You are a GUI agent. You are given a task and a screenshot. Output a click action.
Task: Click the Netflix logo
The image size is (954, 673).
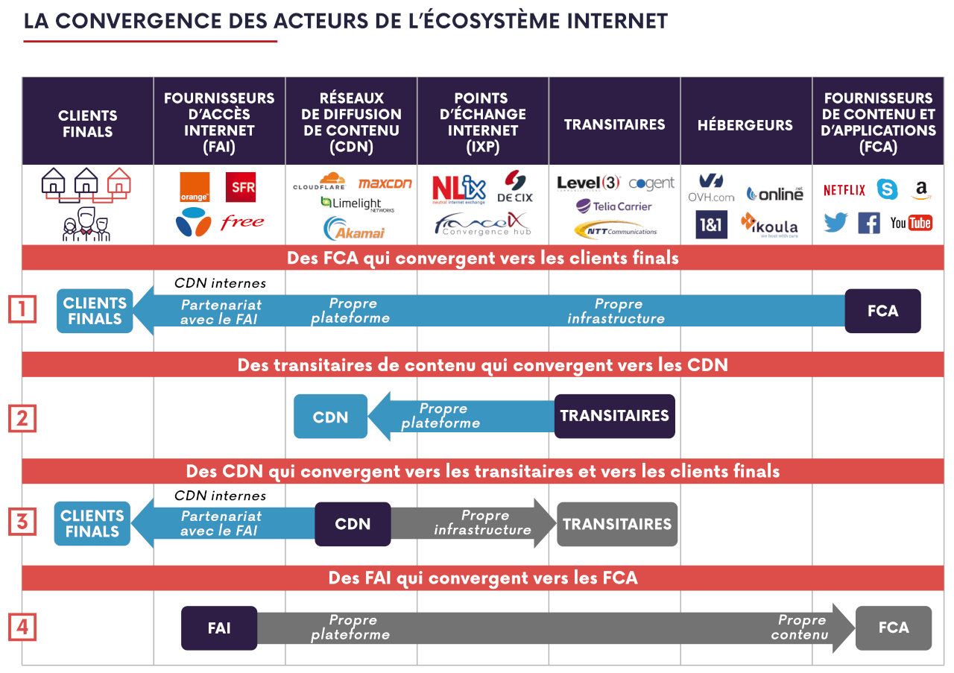point(844,190)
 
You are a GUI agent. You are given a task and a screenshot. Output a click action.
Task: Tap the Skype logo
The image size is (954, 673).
point(887,189)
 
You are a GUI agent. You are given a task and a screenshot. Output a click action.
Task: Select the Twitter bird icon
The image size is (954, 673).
point(835,222)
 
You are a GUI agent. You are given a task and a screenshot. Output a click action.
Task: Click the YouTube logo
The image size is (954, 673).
point(911,223)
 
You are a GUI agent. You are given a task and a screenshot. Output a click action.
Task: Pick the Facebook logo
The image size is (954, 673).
point(869,223)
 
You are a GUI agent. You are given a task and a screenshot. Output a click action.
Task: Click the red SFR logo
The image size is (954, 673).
point(241,187)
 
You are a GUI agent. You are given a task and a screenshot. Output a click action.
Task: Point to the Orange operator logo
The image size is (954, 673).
point(195,187)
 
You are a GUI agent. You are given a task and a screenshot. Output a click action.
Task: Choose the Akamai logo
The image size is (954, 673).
point(354,229)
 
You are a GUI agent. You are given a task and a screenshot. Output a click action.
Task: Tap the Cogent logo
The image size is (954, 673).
point(651,183)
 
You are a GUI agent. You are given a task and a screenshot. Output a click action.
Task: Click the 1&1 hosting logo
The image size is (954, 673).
point(711,224)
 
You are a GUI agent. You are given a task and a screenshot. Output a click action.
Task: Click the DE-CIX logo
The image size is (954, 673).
point(515,186)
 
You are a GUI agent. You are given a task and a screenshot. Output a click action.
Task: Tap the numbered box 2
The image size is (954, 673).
point(22,418)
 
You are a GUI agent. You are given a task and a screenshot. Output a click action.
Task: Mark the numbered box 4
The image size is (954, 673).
point(22,627)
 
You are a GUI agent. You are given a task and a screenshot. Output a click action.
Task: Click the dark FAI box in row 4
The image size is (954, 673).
point(219,628)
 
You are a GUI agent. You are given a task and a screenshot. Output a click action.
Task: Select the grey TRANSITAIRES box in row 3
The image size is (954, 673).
point(617,524)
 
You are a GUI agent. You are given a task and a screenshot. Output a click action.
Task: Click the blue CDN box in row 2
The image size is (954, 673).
point(330,416)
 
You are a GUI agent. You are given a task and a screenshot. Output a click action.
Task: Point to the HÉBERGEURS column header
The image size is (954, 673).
point(745,124)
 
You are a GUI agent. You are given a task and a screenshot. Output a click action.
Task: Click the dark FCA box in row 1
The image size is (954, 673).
point(883,311)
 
